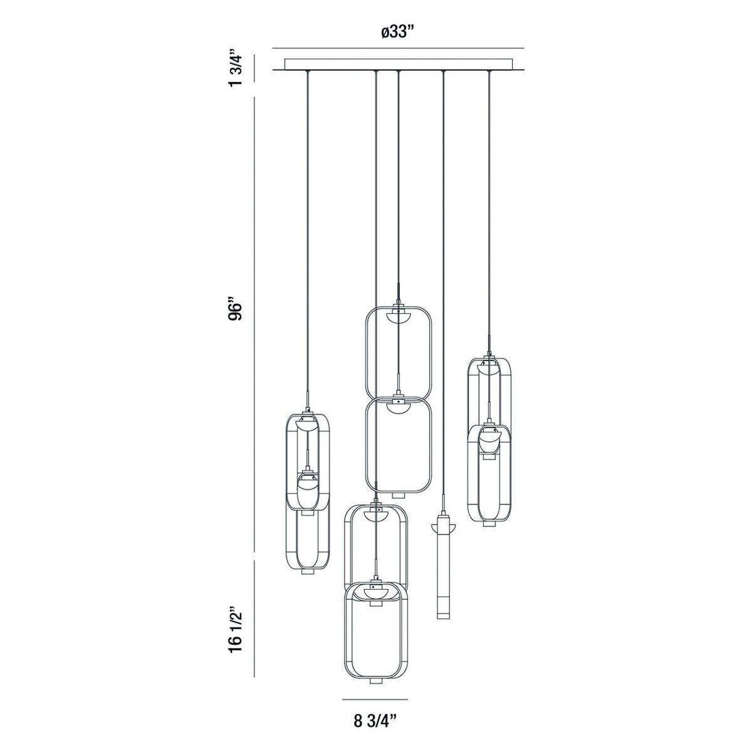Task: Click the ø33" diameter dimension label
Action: pyautogui.click(x=399, y=33)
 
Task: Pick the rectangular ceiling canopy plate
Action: pyautogui.click(x=399, y=64)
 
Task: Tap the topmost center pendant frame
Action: pyautogui.click(x=399, y=351)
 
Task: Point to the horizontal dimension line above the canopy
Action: pyautogui.click(x=399, y=49)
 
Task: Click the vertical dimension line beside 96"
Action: pyautogui.click(x=254, y=326)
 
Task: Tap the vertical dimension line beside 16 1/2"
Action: pyautogui.click(x=254, y=617)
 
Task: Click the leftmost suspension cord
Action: pyautogui.click(x=307, y=238)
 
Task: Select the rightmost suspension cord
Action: pyautogui.click(x=489, y=213)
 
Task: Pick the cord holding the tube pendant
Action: pyautogui.click(x=443, y=282)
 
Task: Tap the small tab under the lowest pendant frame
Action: pyautogui.click(x=374, y=681)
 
